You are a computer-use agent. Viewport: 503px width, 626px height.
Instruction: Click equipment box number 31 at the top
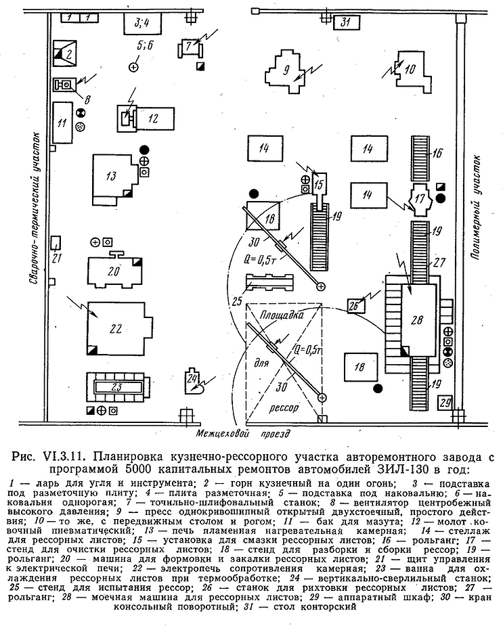(347, 23)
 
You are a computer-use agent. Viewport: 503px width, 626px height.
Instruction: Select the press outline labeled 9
(286, 72)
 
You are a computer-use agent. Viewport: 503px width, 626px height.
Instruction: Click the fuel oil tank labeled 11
(62, 122)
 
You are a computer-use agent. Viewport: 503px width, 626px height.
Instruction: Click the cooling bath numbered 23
(116, 387)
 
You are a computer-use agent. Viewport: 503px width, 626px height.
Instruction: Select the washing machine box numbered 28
(418, 320)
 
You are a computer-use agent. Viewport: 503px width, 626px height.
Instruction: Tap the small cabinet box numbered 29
(445, 403)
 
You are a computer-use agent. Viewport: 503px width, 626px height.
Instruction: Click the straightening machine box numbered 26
(355, 306)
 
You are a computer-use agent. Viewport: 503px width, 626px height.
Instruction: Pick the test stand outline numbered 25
(269, 284)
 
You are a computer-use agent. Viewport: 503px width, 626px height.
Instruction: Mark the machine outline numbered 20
(115, 270)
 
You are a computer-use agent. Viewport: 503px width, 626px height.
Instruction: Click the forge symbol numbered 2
(65, 53)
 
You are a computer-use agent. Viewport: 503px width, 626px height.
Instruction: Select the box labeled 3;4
(142, 24)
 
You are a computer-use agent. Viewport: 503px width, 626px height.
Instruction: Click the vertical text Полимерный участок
(475, 208)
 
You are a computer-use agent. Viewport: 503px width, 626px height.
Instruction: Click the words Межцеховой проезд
(242, 433)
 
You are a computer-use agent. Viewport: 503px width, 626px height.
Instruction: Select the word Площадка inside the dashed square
(282, 315)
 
